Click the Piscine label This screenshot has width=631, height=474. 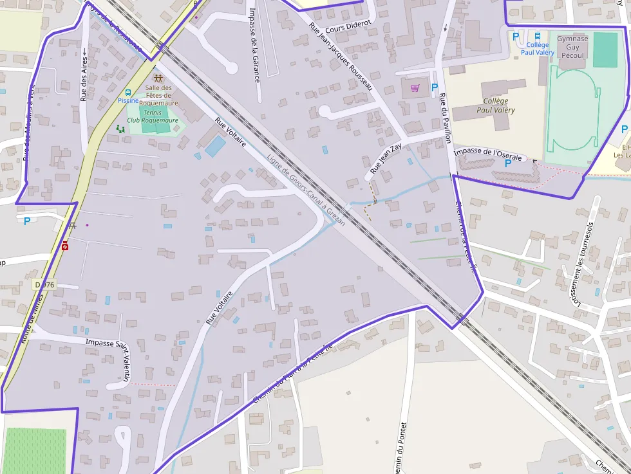coord(128,101)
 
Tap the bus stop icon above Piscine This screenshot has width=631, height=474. coord(128,93)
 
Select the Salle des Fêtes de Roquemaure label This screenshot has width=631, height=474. coord(158,95)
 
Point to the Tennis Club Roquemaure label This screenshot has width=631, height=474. coord(153,116)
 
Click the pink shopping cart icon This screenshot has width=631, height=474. coord(415,87)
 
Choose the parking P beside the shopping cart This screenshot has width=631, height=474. coord(434,87)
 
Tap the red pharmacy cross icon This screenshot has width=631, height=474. coord(65,246)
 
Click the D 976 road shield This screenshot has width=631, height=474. coord(44,284)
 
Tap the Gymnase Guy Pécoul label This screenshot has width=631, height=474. coord(572,47)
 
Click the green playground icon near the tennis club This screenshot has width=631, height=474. coord(120,129)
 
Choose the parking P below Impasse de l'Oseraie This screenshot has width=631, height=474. coord(507,163)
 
